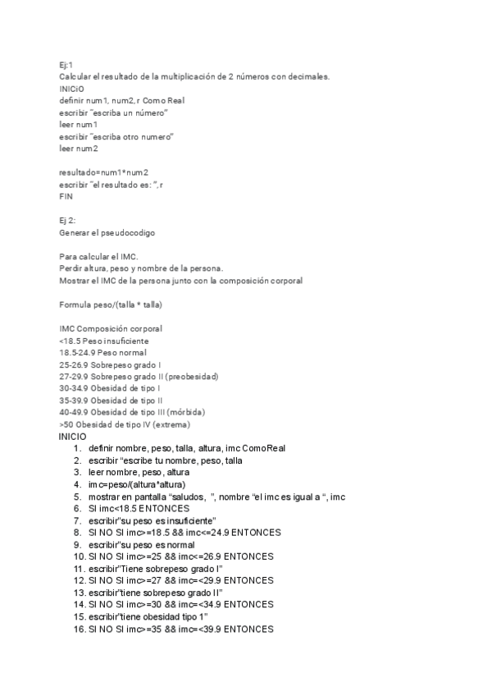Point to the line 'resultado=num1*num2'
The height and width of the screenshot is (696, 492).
104,172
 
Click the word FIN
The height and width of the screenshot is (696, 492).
66,197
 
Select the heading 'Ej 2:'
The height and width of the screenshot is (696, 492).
67,221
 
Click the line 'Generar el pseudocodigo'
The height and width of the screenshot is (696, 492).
107,233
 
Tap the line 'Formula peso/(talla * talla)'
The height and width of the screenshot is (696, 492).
111,304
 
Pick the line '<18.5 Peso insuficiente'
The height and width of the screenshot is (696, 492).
104,341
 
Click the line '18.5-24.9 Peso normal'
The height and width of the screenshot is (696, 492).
102,352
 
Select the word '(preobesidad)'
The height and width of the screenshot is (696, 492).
192,377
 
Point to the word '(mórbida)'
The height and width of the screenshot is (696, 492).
184,412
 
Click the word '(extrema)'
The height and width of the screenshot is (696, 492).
171,424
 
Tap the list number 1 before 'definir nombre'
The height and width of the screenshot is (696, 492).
77,448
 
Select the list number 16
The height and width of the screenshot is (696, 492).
79,629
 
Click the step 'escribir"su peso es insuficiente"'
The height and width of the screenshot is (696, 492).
153,520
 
